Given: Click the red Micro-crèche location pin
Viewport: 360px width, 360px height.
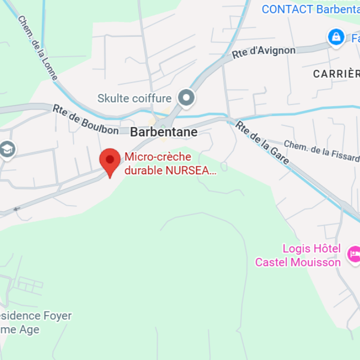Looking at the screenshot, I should (x=110, y=161).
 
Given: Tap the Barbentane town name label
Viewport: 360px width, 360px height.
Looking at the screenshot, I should (x=163, y=132).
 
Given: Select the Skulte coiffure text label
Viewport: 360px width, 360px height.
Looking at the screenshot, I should (x=134, y=99).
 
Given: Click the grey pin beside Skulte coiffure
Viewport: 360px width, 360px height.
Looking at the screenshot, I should (x=187, y=98).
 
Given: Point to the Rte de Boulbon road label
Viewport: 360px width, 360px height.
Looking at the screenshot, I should (x=86, y=119).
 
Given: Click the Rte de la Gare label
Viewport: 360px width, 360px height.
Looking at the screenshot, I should (x=262, y=142).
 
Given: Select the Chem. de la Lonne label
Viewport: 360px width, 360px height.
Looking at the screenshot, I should (x=37, y=47).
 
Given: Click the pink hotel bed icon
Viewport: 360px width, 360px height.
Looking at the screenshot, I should (x=354, y=253).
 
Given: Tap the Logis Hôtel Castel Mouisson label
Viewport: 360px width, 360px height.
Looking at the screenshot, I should (x=298, y=255).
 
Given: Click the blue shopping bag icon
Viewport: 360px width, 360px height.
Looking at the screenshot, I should (x=336, y=37).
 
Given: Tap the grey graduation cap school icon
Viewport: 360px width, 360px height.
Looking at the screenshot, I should (x=7, y=149).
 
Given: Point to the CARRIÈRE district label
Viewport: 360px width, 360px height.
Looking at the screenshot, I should (x=336, y=74).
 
